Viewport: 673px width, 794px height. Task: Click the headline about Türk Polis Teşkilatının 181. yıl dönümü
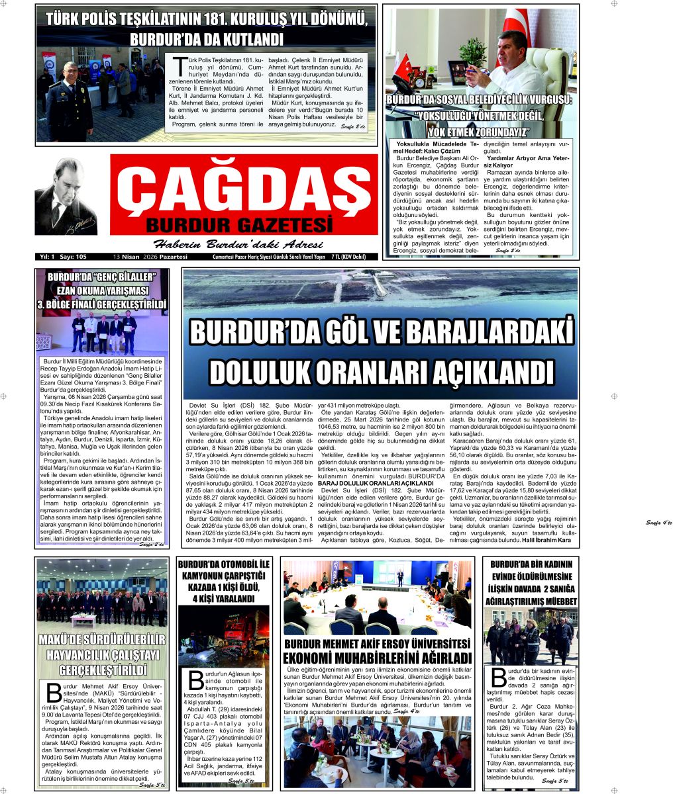pos(206,28)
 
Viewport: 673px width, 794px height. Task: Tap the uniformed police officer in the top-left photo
pos(70,103)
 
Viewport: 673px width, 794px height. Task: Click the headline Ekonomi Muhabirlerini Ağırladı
pos(378,658)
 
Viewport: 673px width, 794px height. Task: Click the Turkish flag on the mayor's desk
pos(403,66)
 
